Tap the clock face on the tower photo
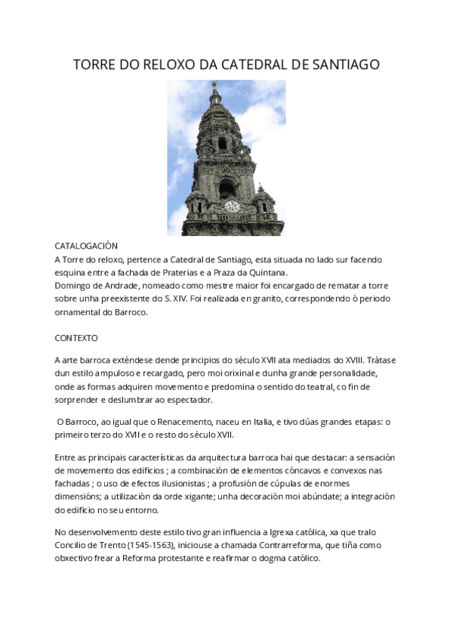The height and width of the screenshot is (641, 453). click(x=232, y=206)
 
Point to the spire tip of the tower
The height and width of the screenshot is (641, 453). click(x=215, y=84)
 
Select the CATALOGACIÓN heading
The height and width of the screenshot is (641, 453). click(x=87, y=246)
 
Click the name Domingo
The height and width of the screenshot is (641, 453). click(x=75, y=285)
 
